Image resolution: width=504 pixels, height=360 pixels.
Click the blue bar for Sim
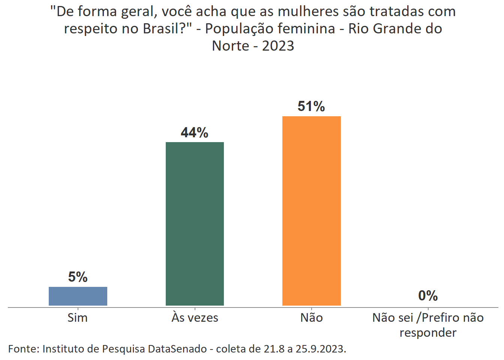click(x=78, y=296)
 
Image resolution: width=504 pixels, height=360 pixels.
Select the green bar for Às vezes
click(x=195, y=223)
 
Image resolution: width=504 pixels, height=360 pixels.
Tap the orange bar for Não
click(x=311, y=211)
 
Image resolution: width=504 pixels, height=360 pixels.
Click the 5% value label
click(x=78, y=277)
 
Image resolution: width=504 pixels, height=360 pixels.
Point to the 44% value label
click(x=195, y=132)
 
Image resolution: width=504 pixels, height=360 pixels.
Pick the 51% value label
click(x=311, y=106)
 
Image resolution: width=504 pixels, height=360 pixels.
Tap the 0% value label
click(x=428, y=296)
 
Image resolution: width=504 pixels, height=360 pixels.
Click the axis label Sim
click(x=78, y=318)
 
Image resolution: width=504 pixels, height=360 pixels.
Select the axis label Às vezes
click(x=195, y=318)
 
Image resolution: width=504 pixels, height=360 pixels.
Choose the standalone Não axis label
click(x=311, y=318)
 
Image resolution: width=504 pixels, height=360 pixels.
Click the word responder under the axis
click(x=428, y=333)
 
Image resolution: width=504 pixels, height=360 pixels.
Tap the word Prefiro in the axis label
click(x=441, y=318)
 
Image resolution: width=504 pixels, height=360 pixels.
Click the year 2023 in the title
click(x=278, y=46)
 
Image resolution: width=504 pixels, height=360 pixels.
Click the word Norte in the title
click(x=231, y=46)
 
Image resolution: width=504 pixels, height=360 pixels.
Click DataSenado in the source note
click(x=177, y=349)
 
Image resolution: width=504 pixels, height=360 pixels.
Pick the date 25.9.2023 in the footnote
click(x=321, y=349)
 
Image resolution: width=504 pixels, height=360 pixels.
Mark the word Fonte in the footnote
click(x=23, y=349)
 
